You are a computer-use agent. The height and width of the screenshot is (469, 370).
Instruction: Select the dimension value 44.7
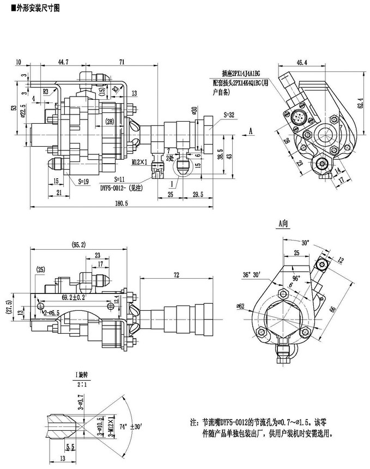pyautogui.click(x=64, y=63)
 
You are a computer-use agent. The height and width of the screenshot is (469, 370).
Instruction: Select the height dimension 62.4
pyautogui.click(x=360, y=103)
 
